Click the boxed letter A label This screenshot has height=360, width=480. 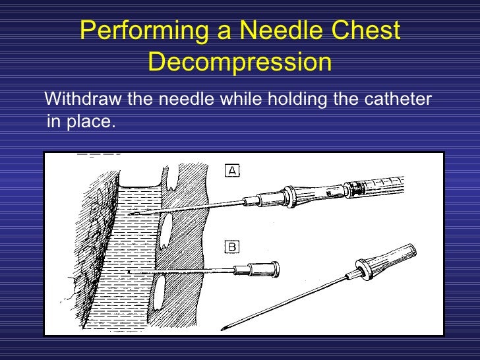click(232, 171)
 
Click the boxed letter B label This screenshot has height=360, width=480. click(232, 247)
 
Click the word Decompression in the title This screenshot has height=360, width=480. click(239, 63)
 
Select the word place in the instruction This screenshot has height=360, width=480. click(88, 122)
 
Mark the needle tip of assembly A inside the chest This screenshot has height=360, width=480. click(130, 214)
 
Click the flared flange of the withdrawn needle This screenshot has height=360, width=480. click(361, 272)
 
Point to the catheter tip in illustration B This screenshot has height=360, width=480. click(130, 272)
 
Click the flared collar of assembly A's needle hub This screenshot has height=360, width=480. click(287, 195)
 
